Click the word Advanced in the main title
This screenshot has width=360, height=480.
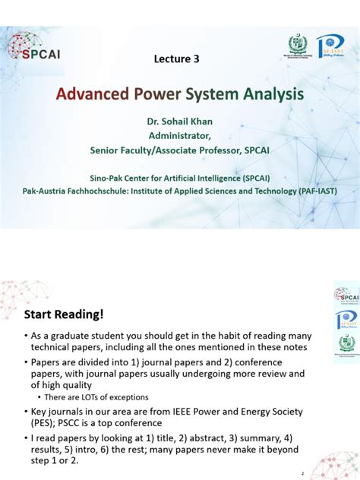click(90, 95)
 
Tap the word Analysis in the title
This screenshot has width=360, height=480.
click(267, 95)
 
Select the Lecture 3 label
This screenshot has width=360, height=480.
click(179, 59)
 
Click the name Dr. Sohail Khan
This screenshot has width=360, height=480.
click(179, 122)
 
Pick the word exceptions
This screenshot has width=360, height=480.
click(124, 397)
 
